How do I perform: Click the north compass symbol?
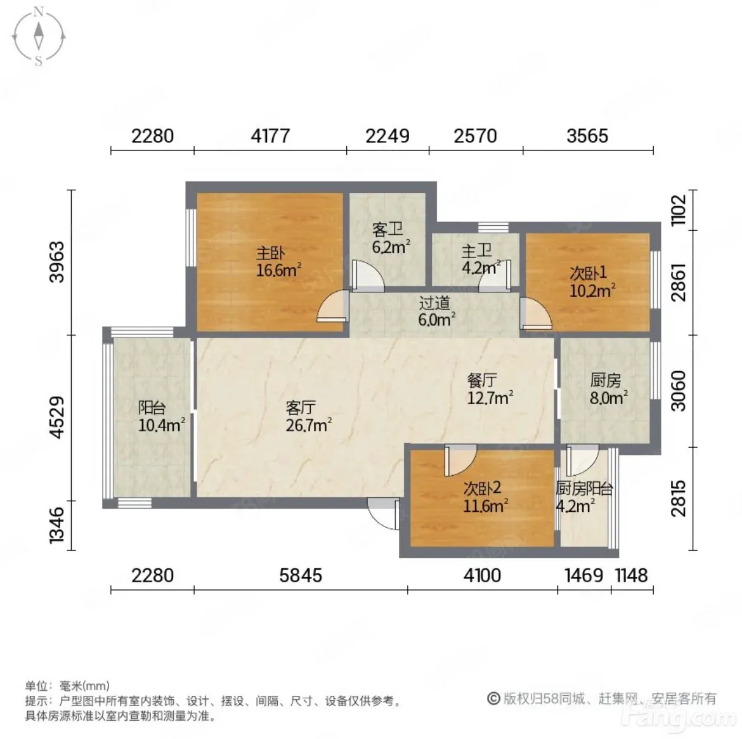38,36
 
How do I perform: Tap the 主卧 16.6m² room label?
278,261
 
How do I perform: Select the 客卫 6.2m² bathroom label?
391,238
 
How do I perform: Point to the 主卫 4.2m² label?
481,259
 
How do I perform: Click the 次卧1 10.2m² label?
592,281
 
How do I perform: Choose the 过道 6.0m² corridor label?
436,311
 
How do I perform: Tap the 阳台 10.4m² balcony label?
161,416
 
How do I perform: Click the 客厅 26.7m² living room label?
308,416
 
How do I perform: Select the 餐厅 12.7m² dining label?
490,389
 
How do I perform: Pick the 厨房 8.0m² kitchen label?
609,389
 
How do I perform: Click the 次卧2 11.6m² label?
486,497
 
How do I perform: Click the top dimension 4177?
270,136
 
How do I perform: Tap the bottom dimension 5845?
301,575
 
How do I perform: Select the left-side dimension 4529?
57,417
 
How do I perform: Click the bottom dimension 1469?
584,575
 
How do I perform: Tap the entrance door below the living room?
383,514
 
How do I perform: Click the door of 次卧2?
460,460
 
